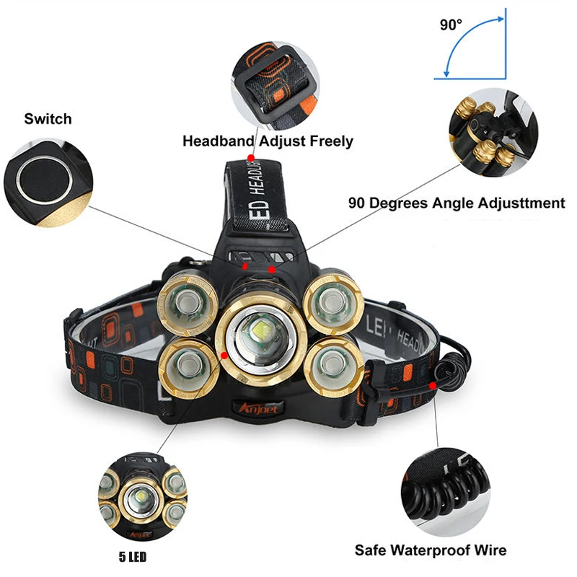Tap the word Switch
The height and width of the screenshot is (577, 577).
pyautogui.click(x=48, y=119)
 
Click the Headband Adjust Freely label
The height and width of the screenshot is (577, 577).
pyautogui.click(x=268, y=141)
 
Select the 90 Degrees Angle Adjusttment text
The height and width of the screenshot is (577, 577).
pyautogui.click(x=456, y=203)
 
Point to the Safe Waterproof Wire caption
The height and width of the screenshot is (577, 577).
pyautogui.click(x=430, y=550)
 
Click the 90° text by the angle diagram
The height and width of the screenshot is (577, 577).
pyautogui.click(x=451, y=25)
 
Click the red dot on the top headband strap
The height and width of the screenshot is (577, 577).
pyautogui.click(x=250, y=157)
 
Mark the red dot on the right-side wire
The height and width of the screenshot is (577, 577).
pyautogui.click(x=433, y=386)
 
